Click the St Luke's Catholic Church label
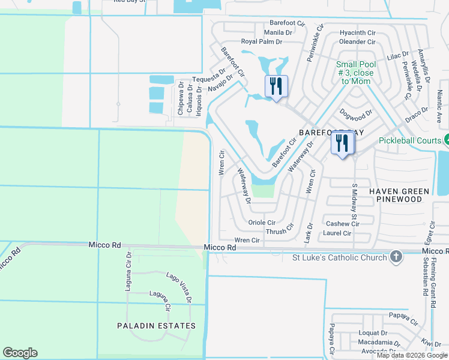(x=337, y=259)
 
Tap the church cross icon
(x=396, y=257)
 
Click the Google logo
(x=20, y=353)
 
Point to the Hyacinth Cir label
(x=357, y=32)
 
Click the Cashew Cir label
(x=342, y=224)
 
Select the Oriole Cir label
(x=262, y=222)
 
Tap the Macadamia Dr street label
(x=376, y=342)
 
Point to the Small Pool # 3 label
(x=355, y=73)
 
